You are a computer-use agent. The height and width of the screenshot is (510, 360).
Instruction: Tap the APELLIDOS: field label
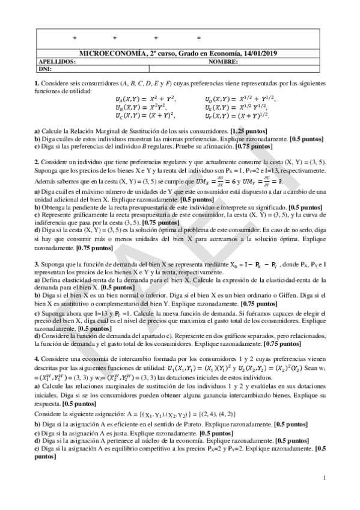point(57,61)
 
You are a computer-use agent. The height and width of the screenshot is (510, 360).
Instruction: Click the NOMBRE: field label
point(223,61)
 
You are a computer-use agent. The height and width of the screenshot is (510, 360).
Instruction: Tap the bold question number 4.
point(37,357)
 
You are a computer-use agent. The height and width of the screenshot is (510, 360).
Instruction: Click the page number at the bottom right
point(324,478)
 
